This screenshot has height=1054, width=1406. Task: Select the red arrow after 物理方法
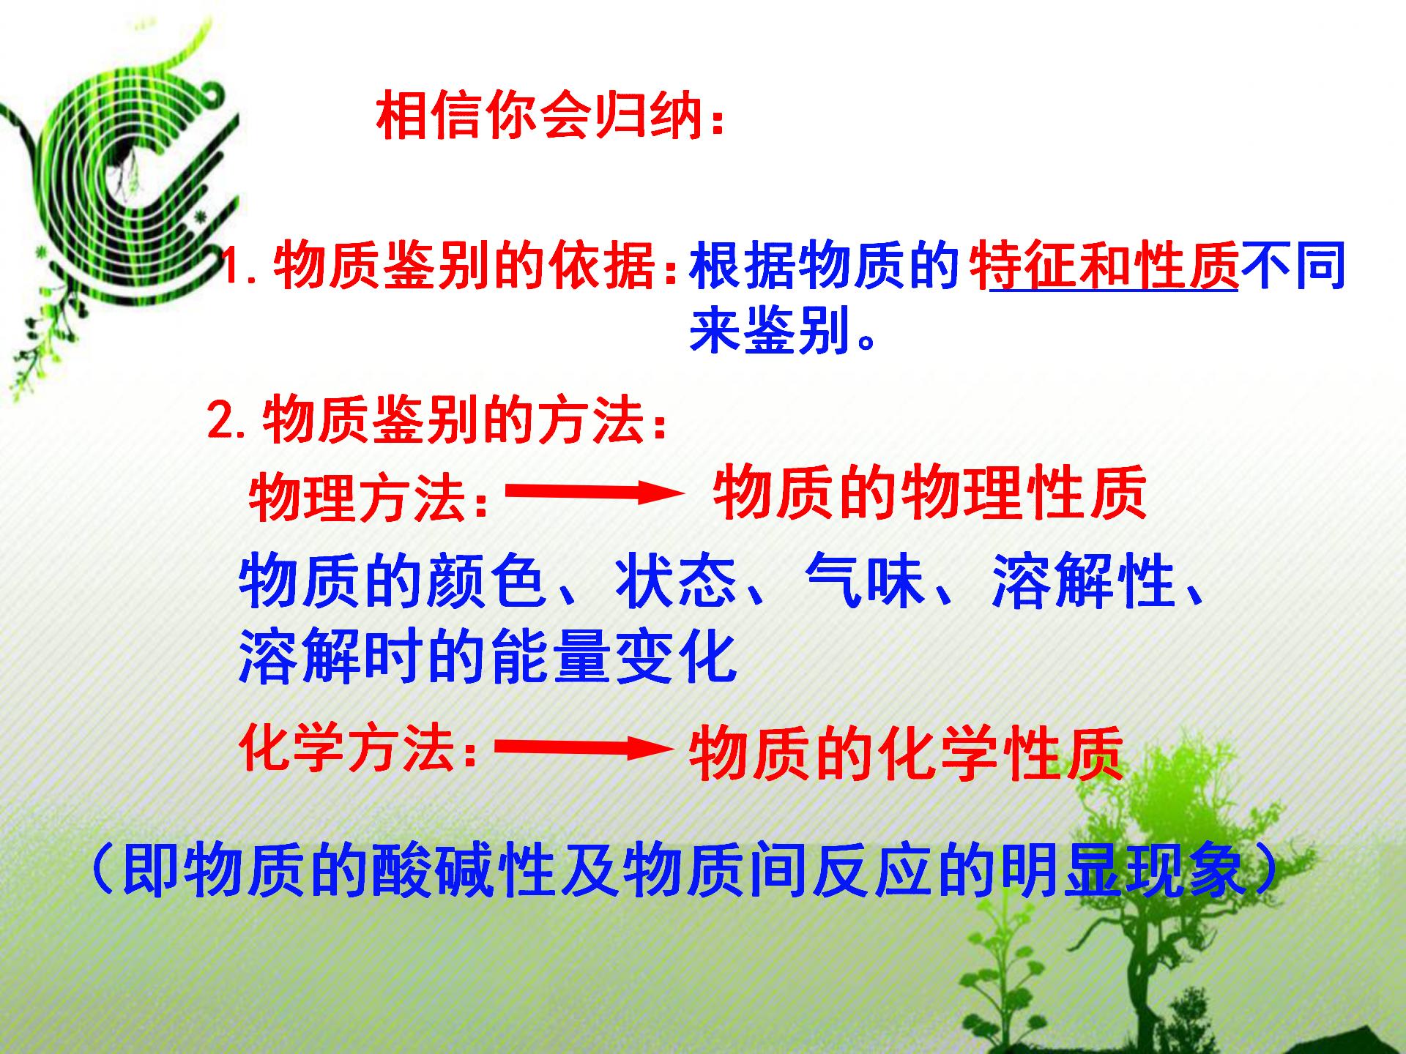(x=593, y=493)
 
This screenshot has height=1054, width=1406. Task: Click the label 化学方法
(x=348, y=750)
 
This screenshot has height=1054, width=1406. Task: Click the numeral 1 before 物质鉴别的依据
(x=233, y=265)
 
